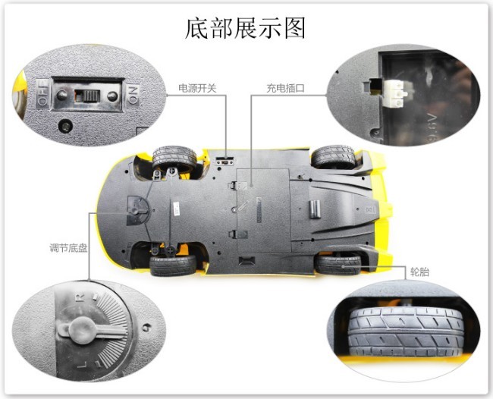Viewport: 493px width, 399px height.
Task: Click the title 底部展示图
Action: coord(245,28)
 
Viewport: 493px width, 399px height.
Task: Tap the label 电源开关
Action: coord(197,88)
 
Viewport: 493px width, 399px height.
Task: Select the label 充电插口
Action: coord(285,88)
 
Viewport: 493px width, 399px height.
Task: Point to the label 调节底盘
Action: coord(68,248)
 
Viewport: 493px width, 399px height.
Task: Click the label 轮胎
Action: coord(419,272)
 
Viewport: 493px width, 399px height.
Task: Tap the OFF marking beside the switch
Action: coord(42,94)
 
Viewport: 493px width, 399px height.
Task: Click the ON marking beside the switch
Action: coord(133,94)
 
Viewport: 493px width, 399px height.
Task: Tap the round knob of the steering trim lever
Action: coord(83,330)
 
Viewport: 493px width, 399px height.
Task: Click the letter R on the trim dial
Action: coord(81,297)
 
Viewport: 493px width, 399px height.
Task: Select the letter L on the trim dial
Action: coord(82,365)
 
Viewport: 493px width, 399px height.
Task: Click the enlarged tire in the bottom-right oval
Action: coord(406,331)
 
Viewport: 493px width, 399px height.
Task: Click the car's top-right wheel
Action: coord(334,156)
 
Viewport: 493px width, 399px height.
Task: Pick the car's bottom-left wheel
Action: coord(173,265)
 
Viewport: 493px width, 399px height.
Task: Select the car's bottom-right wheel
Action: coord(338,264)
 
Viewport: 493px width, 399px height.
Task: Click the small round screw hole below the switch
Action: coord(66,127)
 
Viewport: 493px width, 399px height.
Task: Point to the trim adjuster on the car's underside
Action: coord(137,210)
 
